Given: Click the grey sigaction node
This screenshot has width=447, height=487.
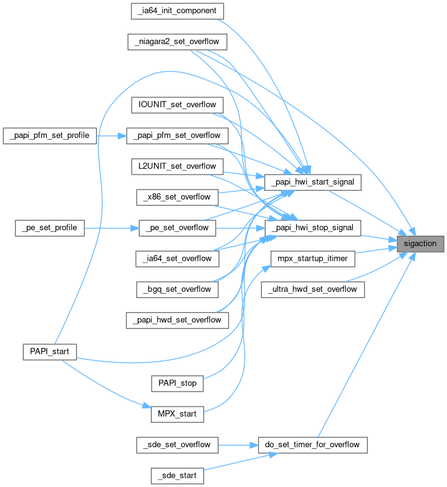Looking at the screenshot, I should (x=421, y=243).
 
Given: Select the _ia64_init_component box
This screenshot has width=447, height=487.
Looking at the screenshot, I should (x=178, y=11).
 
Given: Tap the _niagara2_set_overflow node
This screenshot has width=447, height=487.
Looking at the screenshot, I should (x=177, y=42).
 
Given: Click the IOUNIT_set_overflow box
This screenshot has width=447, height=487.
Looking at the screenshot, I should (x=178, y=104).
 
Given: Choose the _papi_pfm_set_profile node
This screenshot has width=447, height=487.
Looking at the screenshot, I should (x=50, y=135).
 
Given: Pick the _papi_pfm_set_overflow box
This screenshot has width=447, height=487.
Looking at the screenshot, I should (x=173, y=135).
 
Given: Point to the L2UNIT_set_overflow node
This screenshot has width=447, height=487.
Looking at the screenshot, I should (x=178, y=166).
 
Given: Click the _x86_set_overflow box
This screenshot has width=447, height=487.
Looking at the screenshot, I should (x=177, y=197).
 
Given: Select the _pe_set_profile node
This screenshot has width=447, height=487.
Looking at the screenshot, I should (x=49, y=228).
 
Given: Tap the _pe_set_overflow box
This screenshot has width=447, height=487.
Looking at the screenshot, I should (x=177, y=228).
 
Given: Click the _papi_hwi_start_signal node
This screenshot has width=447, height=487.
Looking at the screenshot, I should (x=314, y=182).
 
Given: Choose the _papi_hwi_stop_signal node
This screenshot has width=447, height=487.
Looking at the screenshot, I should (x=314, y=228).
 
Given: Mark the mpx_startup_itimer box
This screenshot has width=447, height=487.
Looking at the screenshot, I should (x=314, y=258).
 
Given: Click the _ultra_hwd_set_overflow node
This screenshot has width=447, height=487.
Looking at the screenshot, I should (x=313, y=289).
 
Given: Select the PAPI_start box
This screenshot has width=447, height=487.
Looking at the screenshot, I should (x=49, y=352).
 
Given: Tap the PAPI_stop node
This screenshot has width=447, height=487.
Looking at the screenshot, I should (x=178, y=383).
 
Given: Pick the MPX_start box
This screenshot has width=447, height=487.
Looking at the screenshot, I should (x=178, y=413).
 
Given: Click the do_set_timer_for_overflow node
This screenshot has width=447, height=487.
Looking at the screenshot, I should (x=313, y=445).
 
